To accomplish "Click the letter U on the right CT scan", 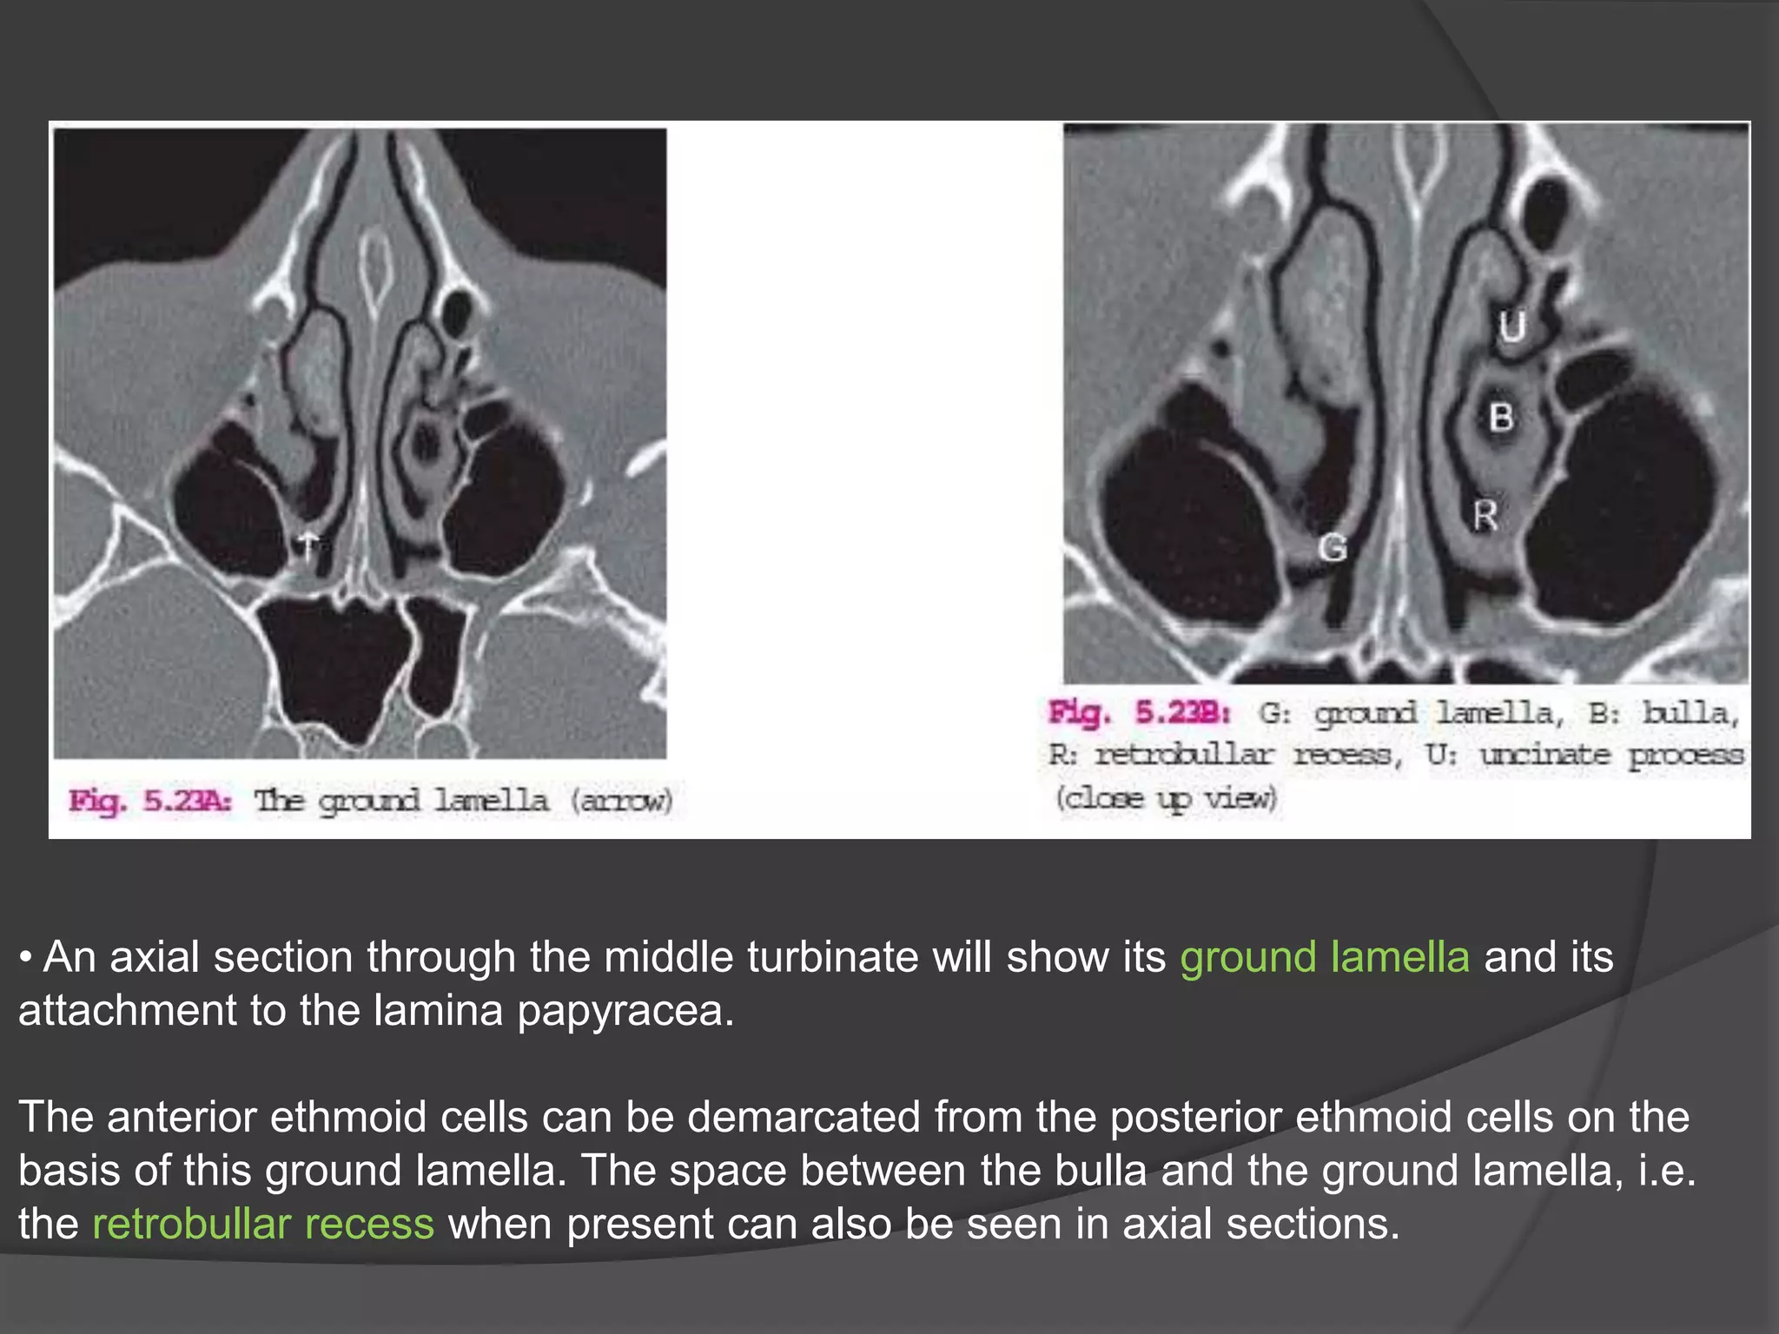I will pos(1512,327).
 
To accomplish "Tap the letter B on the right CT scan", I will pos(1501,418).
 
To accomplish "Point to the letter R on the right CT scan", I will pos(1485,516).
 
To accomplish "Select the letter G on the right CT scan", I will pos(1333,548).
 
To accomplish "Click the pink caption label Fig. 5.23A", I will pos(150,801).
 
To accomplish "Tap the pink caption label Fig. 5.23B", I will pos(1139,714).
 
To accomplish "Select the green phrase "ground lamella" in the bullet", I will pos(1324,957).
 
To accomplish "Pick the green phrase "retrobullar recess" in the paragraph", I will pos(262,1224).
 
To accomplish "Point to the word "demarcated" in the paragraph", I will pos(803,1117).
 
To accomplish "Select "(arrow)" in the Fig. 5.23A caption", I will pos(622,801).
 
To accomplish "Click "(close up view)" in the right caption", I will pos(1166,797).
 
